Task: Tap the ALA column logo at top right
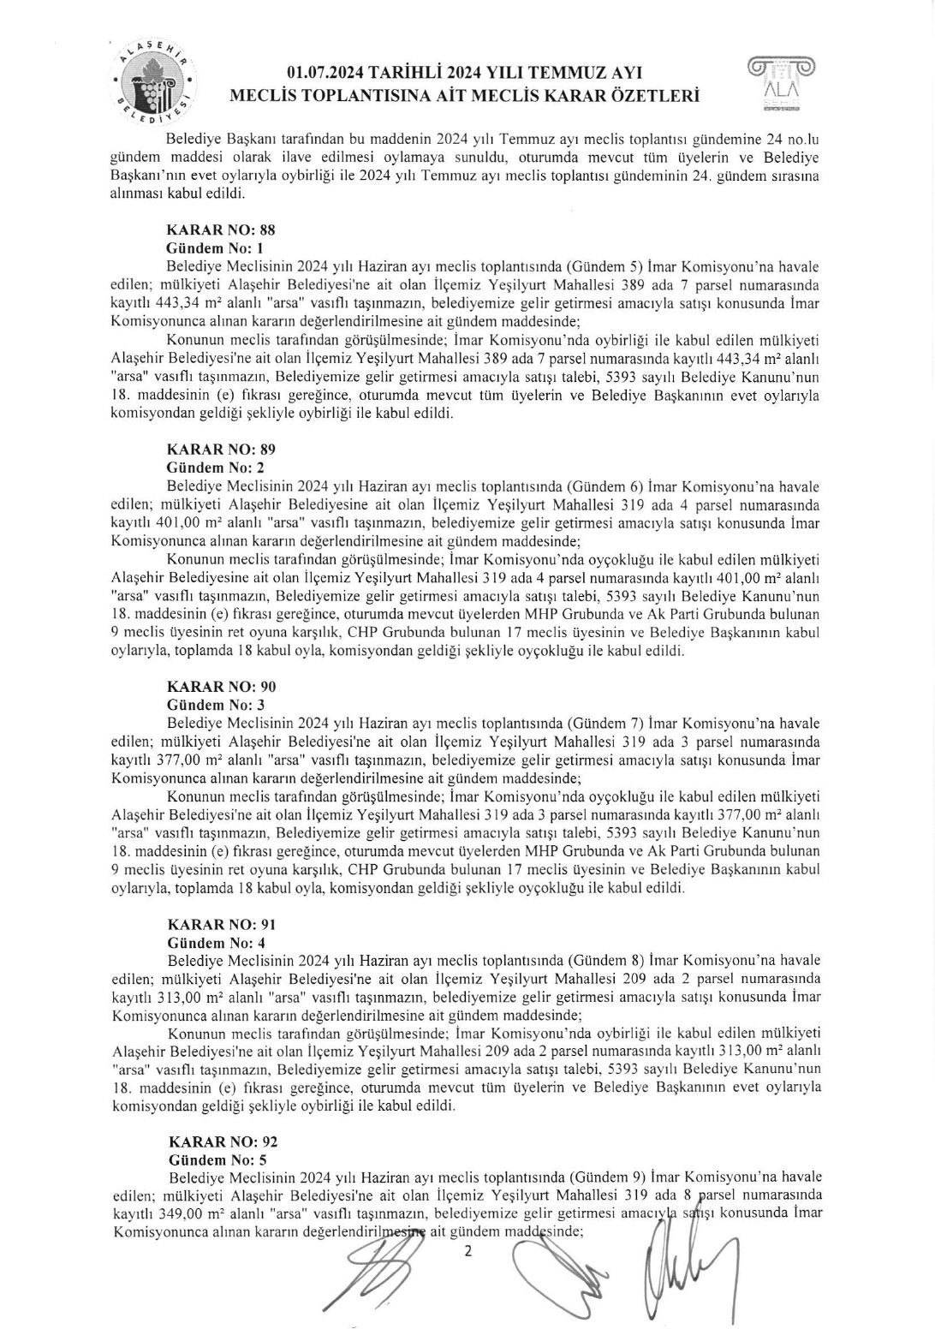pos(781,83)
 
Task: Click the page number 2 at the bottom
pos(467,1251)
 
